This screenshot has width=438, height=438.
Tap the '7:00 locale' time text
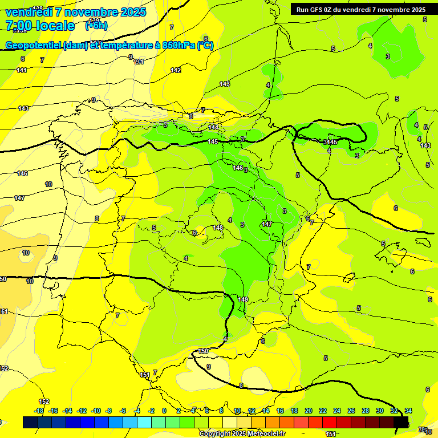pyautogui.click(x=40, y=26)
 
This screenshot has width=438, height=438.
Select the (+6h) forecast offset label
pyautogui.click(x=96, y=25)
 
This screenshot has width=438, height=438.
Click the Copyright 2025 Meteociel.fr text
pyautogui.click(x=242, y=433)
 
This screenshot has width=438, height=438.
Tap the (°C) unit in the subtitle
pyautogui.click(x=205, y=46)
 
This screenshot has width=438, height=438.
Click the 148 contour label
pyautogui.click(x=218, y=228)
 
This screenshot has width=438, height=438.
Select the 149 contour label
pyautogui.click(x=243, y=299)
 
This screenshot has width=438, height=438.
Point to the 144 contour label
pyautogui.click(x=213, y=127)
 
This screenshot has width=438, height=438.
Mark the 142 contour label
pyautogui.click(x=176, y=70)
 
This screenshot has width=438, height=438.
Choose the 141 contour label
pyautogui.click(x=22, y=70)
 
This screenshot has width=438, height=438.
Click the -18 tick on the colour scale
pyautogui.click(x=39, y=411)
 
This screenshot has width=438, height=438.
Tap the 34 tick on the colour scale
pyautogui.click(x=408, y=411)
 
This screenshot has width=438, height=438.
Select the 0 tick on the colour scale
pyautogui.click(x=164, y=411)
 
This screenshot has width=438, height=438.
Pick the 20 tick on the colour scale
pyautogui.click(x=309, y=411)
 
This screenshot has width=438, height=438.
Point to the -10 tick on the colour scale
pyautogui.click(x=96, y=411)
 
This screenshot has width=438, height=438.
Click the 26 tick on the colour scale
pyautogui.click(x=351, y=411)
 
